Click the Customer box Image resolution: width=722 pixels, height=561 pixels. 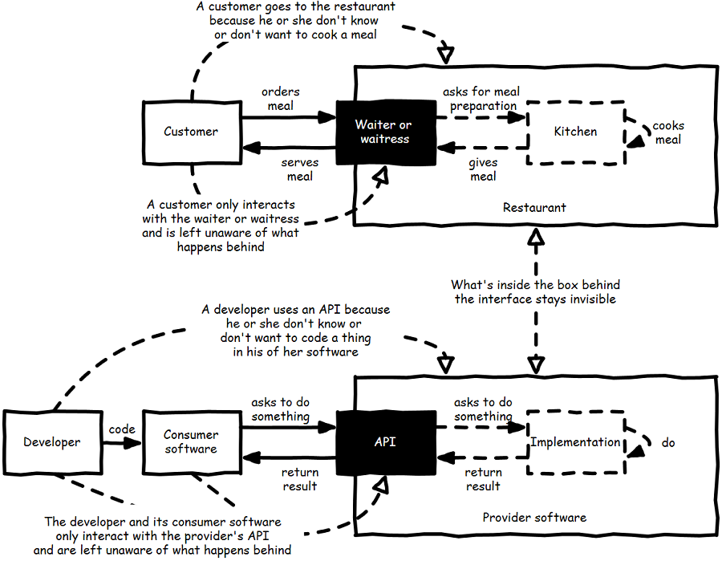pyautogui.click(x=191, y=132)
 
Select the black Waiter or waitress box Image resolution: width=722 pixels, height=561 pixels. pyautogui.click(x=384, y=132)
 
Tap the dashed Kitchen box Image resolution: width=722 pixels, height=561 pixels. pyautogui.click(x=575, y=132)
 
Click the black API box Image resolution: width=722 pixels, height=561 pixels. pyautogui.click(x=384, y=441)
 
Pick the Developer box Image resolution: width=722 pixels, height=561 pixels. pyautogui.click(x=51, y=441)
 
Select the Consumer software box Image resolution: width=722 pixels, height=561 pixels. pyautogui.click(x=191, y=441)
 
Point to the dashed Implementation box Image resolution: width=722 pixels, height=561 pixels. pyautogui.click(x=575, y=441)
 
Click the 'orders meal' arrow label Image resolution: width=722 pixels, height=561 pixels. pyautogui.click(x=280, y=99)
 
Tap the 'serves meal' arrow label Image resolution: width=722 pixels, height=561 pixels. pyautogui.click(x=299, y=169)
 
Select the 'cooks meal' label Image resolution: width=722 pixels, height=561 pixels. pyautogui.click(x=667, y=132)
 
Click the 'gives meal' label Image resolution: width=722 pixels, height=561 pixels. pyautogui.click(x=484, y=169)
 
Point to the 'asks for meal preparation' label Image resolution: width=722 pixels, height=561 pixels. pyautogui.click(x=481, y=99)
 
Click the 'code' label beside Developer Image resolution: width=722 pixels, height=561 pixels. pyautogui.click(x=122, y=429)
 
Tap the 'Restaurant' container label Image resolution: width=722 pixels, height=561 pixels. pyautogui.click(x=534, y=207)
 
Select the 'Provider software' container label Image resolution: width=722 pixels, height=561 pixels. pyautogui.click(x=534, y=517)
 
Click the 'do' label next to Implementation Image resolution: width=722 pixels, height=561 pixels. pyautogui.click(x=668, y=442)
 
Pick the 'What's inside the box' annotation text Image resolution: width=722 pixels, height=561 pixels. pyautogui.click(x=535, y=291)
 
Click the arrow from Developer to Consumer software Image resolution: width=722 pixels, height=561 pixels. pyautogui.click(x=122, y=442)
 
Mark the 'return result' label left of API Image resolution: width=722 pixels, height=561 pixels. pyautogui.click(x=299, y=479)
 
